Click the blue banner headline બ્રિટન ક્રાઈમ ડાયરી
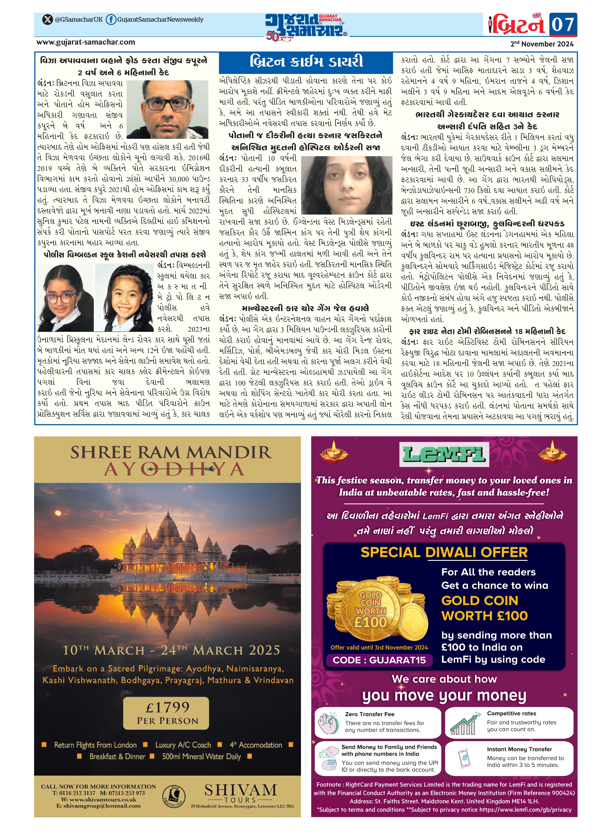(306, 61)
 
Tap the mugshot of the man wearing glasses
(170, 109)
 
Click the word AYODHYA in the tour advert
(173, 469)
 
